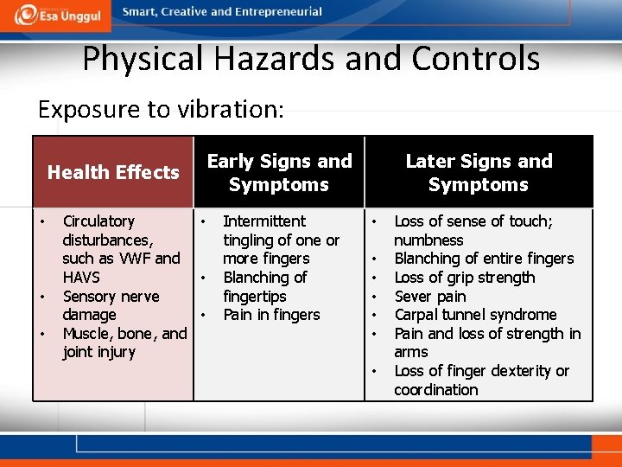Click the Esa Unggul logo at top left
59,15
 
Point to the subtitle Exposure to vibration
161,110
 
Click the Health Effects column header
113,172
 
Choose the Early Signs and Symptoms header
279,172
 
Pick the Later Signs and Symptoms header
479,172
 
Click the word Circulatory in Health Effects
98,221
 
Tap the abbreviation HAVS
81,278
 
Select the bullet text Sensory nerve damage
111,305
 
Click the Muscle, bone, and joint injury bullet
124,342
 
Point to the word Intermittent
264,221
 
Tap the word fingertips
255,296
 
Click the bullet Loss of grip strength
465,278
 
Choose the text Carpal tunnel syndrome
475,315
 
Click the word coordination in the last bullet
435,390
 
